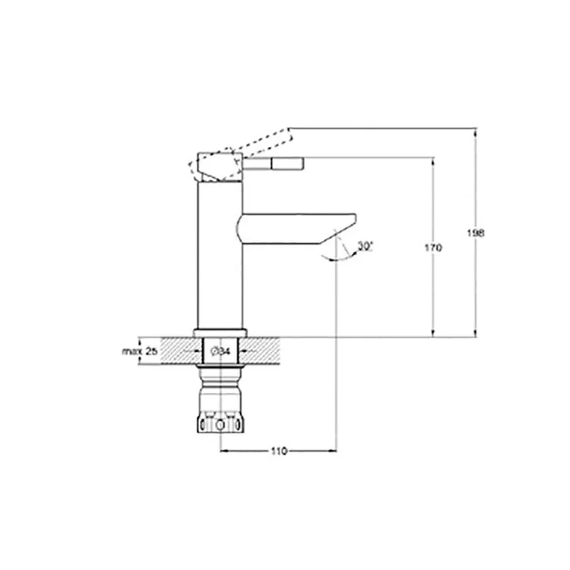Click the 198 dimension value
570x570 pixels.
pos(475,233)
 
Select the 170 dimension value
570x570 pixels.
pos(433,247)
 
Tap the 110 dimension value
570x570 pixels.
pos(279,451)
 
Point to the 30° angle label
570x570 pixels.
pos(365,246)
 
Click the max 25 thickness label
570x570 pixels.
pos(140,351)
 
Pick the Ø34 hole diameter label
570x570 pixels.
pos(220,351)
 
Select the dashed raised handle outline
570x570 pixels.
pos(241,155)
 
